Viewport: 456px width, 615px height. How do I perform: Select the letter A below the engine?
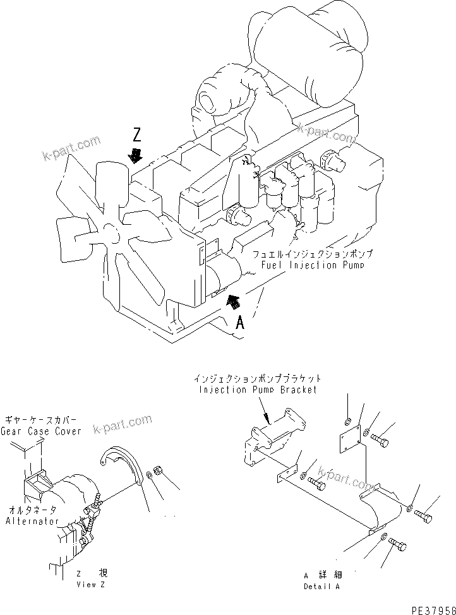click(x=240, y=323)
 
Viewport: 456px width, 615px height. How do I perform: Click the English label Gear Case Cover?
click(x=41, y=431)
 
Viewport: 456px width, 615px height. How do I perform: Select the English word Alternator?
click(x=32, y=521)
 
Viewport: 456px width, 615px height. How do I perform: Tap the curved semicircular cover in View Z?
click(x=124, y=464)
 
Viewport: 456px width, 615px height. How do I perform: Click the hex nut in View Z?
click(x=159, y=472)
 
